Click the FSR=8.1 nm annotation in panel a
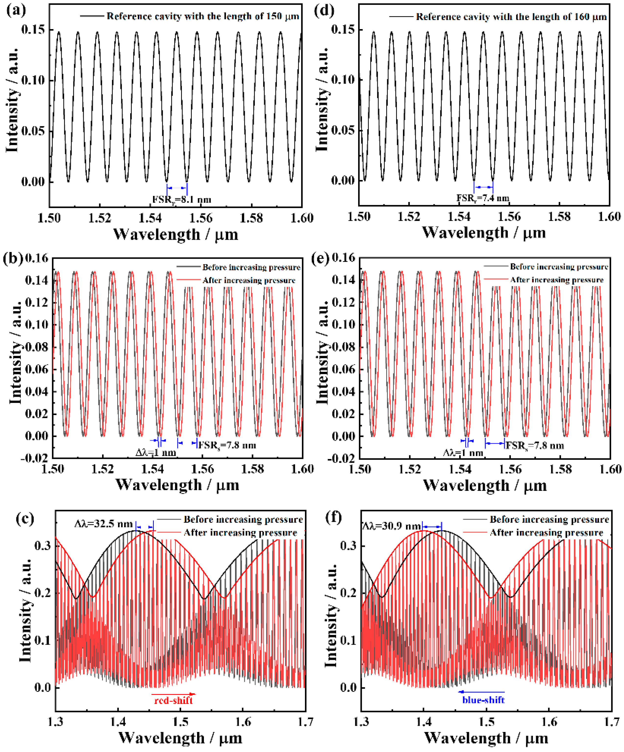tap(181, 200)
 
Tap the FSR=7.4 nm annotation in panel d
tap(483, 198)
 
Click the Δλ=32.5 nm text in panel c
tap(104, 524)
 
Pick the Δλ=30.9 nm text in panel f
tap(391, 526)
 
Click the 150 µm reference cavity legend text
tap(203, 16)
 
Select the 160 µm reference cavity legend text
tap(511, 17)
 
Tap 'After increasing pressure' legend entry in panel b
tap(249, 281)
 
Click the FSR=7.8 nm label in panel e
tap(534, 446)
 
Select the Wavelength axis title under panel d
tap(484, 233)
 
